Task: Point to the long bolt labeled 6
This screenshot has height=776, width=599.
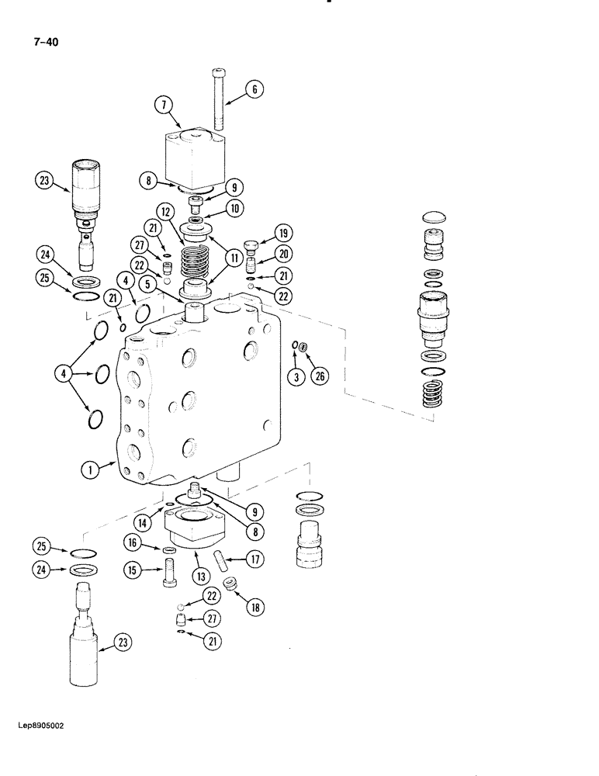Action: [216, 101]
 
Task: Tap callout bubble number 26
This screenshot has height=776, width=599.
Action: [319, 376]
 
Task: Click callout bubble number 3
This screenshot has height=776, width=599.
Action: [293, 376]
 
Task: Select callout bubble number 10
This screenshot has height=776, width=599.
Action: [234, 209]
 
